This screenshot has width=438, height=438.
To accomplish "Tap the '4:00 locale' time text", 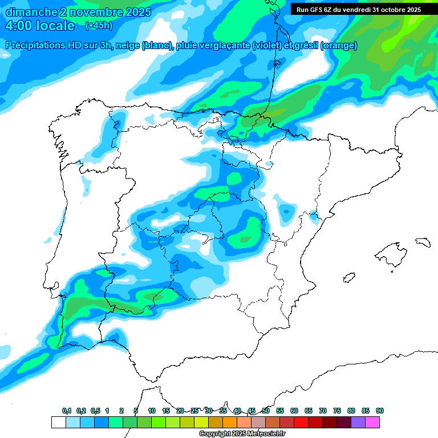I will [40, 26].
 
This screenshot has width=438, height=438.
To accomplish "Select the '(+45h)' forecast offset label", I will [98, 26].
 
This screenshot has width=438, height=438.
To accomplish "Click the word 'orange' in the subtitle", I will [339, 46].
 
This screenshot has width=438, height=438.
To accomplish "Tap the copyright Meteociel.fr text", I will [242, 434].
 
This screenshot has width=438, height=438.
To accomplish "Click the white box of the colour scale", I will [58, 422].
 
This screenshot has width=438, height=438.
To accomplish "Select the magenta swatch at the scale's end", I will [372, 422].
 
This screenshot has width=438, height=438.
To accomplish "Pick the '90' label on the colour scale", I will [380, 411].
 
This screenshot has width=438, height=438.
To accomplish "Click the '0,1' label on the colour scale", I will [66, 411].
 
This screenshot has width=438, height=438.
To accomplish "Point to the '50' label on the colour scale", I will [266, 411].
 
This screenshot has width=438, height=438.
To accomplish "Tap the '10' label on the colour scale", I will [152, 411].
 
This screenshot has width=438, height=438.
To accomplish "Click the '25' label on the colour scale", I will [194, 411].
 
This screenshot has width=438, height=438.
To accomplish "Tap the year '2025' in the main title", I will [137, 12].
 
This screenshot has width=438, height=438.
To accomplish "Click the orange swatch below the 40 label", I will [230, 422].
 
